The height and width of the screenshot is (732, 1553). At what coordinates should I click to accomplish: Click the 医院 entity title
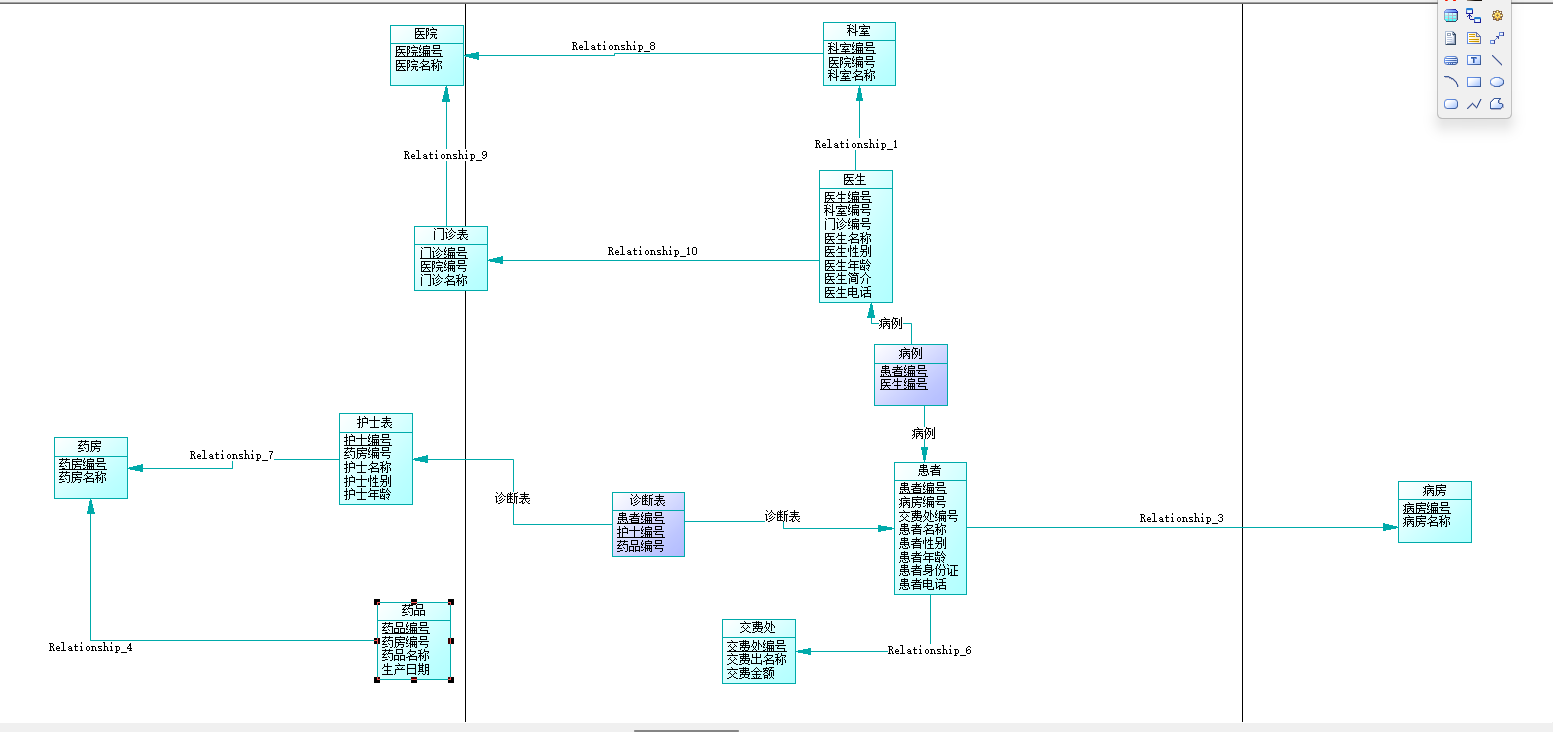(426, 34)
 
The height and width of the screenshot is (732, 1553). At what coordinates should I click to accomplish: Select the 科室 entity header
(858, 32)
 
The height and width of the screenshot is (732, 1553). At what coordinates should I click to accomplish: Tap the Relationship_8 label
(613, 46)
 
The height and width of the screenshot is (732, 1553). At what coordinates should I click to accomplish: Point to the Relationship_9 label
(445, 155)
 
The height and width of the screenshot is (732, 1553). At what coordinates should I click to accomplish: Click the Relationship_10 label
(652, 251)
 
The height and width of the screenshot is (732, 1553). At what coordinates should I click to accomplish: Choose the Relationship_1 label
(856, 144)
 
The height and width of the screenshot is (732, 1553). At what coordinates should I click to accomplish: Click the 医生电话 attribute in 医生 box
(847, 293)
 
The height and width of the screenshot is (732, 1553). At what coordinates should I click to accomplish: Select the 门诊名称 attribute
(443, 280)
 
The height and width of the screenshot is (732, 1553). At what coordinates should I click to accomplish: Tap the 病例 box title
(910, 353)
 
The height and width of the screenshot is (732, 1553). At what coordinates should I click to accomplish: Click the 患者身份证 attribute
(928, 571)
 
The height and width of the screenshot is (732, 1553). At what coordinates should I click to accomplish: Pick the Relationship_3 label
(1181, 518)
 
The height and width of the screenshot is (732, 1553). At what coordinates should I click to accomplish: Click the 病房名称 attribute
(1426, 521)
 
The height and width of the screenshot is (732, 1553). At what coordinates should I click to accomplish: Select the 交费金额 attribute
(750, 673)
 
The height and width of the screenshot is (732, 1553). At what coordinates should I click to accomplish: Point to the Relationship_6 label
(929, 650)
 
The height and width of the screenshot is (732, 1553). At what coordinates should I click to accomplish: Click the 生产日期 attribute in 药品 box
(405, 669)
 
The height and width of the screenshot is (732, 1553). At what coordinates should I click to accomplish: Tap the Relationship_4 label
(90, 647)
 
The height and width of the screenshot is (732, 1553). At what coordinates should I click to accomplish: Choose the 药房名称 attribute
(82, 477)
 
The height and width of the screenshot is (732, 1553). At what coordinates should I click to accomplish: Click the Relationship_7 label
(231, 455)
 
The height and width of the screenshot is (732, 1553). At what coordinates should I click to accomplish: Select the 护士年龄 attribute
(367, 494)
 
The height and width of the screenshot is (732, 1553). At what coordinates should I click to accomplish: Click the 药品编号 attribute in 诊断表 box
(640, 546)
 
